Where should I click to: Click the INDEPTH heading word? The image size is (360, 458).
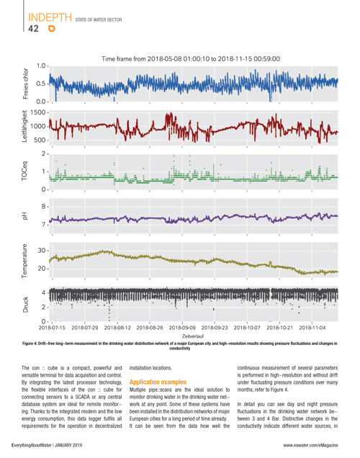pos(50,17)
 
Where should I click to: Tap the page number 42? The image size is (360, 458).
pos(33,29)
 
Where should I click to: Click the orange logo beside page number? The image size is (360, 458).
pos(52,29)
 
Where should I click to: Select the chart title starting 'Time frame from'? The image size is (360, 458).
pos(191,59)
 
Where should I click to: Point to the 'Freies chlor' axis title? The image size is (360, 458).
pos(26,84)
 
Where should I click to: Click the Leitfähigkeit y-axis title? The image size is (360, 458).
pos(24,126)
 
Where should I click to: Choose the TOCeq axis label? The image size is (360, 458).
pos(24,171)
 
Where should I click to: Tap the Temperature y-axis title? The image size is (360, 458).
pos(24,261)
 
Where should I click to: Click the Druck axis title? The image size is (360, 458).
pos(25,305)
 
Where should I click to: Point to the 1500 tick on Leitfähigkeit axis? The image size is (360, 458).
pos(40,112)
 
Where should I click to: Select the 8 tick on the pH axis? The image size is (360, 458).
pos(43,207)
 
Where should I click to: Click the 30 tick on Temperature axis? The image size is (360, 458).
pos(42,251)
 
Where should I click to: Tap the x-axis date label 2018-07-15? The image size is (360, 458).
pos(52,328)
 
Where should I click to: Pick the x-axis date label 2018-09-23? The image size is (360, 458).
pos(215,328)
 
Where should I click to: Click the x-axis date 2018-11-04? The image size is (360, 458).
pos(312,328)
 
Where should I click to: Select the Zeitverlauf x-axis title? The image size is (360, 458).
pos(193,336)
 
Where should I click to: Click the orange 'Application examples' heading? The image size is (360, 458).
pos(158,382)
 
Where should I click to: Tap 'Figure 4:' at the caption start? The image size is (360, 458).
pos(30,343)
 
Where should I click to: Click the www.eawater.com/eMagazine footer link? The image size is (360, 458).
pos(310,445)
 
